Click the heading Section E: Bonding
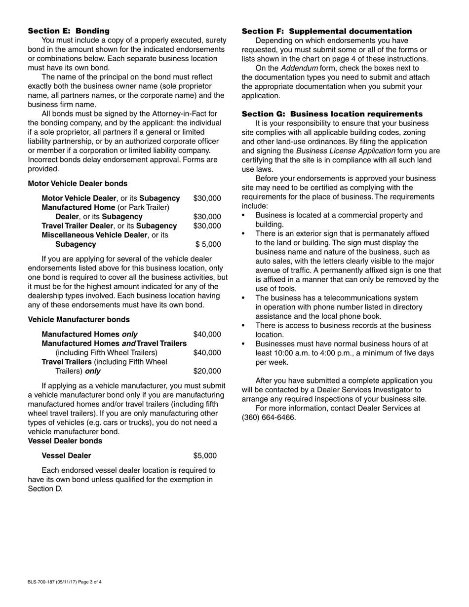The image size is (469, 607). pyautogui.click(x=69, y=31)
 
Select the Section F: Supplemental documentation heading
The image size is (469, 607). pyautogui.click(x=327, y=31)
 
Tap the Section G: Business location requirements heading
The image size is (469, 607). pyautogui.click(x=332, y=114)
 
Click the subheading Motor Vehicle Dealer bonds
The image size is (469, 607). pyautogui.click(x=78, y=184)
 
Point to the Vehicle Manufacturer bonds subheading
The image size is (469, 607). pyautogui.click(x=79, y=320)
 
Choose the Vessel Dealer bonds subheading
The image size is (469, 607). pyautogui.click(x=65, y=441)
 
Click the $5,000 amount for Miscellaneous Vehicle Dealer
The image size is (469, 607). pyautogui.click(x=208, y=244)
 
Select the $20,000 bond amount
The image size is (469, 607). pyautogui.click(x=207, y=371)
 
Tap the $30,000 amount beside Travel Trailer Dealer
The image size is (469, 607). pyautogui.click(x=207, y=226)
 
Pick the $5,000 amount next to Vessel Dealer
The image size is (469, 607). pyautogui.click(x=205, y=455)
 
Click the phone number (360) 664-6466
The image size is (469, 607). pyautogui.click(x=269, y=417)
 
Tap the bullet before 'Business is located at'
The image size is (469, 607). pyautogui.click(x=243, y=216)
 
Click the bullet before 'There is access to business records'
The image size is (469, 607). pyautogui.click(x=243, y=326)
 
